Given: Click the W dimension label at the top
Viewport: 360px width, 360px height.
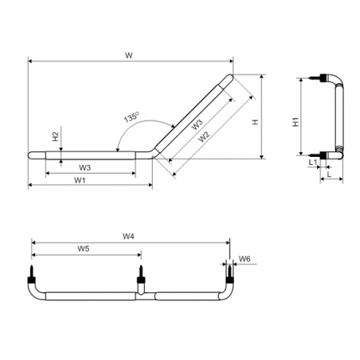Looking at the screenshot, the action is (x=129, y=56).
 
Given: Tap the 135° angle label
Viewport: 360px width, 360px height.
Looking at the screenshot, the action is (x=131, y=117).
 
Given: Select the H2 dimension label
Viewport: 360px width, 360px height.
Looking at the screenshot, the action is (x=55, y=136).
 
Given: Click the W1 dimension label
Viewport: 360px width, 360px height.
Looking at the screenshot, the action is (x=80, y=180).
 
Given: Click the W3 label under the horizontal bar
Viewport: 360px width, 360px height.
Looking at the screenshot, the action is (x=85, y=167).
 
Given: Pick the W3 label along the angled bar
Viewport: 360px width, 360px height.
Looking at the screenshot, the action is (x=198, y=124).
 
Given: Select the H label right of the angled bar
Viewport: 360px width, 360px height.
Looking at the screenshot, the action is (x=256, y=122).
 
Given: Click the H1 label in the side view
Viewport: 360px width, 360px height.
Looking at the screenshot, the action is (x=295, y=122).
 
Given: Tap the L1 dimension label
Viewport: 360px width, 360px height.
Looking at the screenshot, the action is (x=313, y=162).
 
